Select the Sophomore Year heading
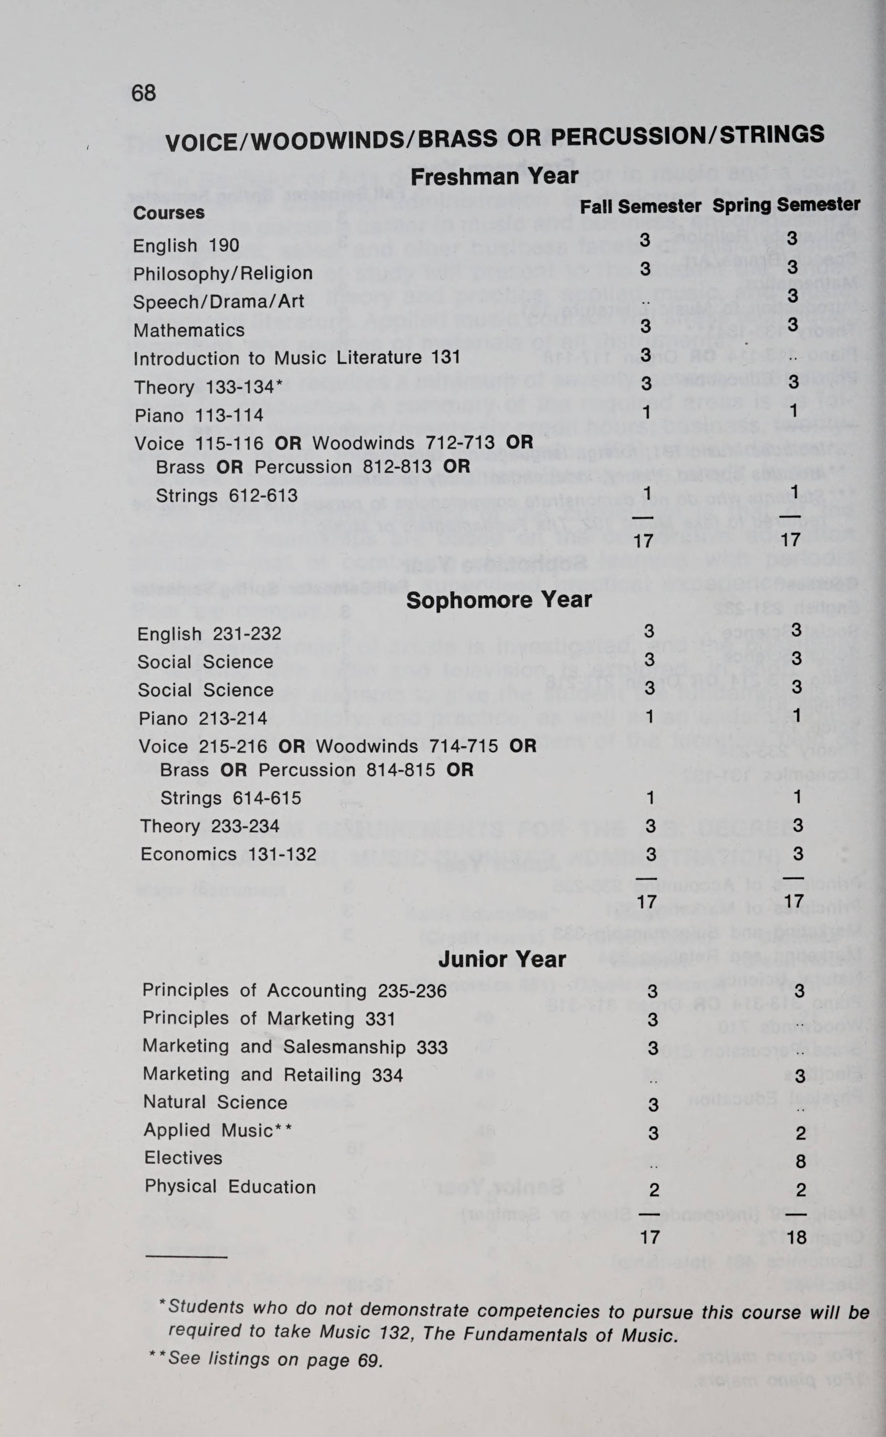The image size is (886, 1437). pos(499,600)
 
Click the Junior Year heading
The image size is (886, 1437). pos(502,959)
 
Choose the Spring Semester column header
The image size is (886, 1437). pos(786,205)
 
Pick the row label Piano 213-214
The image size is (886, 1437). pos(203,718)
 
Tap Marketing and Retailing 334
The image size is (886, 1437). pos(272,1075)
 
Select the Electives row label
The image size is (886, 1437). pos(184,1158)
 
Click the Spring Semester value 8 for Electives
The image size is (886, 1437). pos(800,1161)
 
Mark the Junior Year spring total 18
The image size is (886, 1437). pos(797,1237)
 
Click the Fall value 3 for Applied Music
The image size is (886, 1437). pos(653,1133)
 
